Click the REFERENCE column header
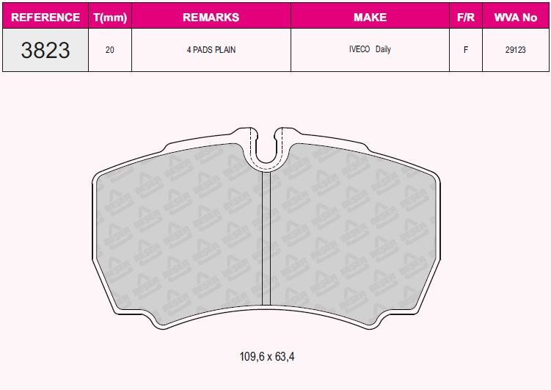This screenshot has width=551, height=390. pyautogui.click(x=45, y=16)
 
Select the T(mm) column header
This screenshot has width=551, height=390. pyautogui.click(x=110, y=16)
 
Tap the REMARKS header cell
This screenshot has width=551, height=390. pyautogui.click(x=211, y=16)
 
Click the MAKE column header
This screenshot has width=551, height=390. pyautogui.click(x=370, y=16)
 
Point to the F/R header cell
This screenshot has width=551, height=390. pyautogui.click(x=465, y=16)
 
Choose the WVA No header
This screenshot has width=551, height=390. pyautogui.click(x=516, y=16)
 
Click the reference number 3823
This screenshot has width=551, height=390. pyautogui.click(x=45, y=51)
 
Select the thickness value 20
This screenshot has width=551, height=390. pyautogui.click(x=109, y=51)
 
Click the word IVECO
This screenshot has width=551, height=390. pyautogui.click(x=360, y=50)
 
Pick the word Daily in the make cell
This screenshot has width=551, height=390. pyautogui.click(x=383, y=50)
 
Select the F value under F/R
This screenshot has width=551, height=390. pyautogui.click(x=465, y=51)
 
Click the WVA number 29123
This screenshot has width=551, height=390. pyautogui.click(x=516, y=51)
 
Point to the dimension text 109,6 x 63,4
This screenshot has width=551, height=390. pyautogui.click(x=267, y=357)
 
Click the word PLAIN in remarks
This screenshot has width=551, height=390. pyautogui.click(x=225, y=51)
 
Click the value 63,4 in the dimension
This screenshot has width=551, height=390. pyautogui.click(x=286, y=357)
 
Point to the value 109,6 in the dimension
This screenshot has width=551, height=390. pyautogui.click(x=250, y=357)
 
